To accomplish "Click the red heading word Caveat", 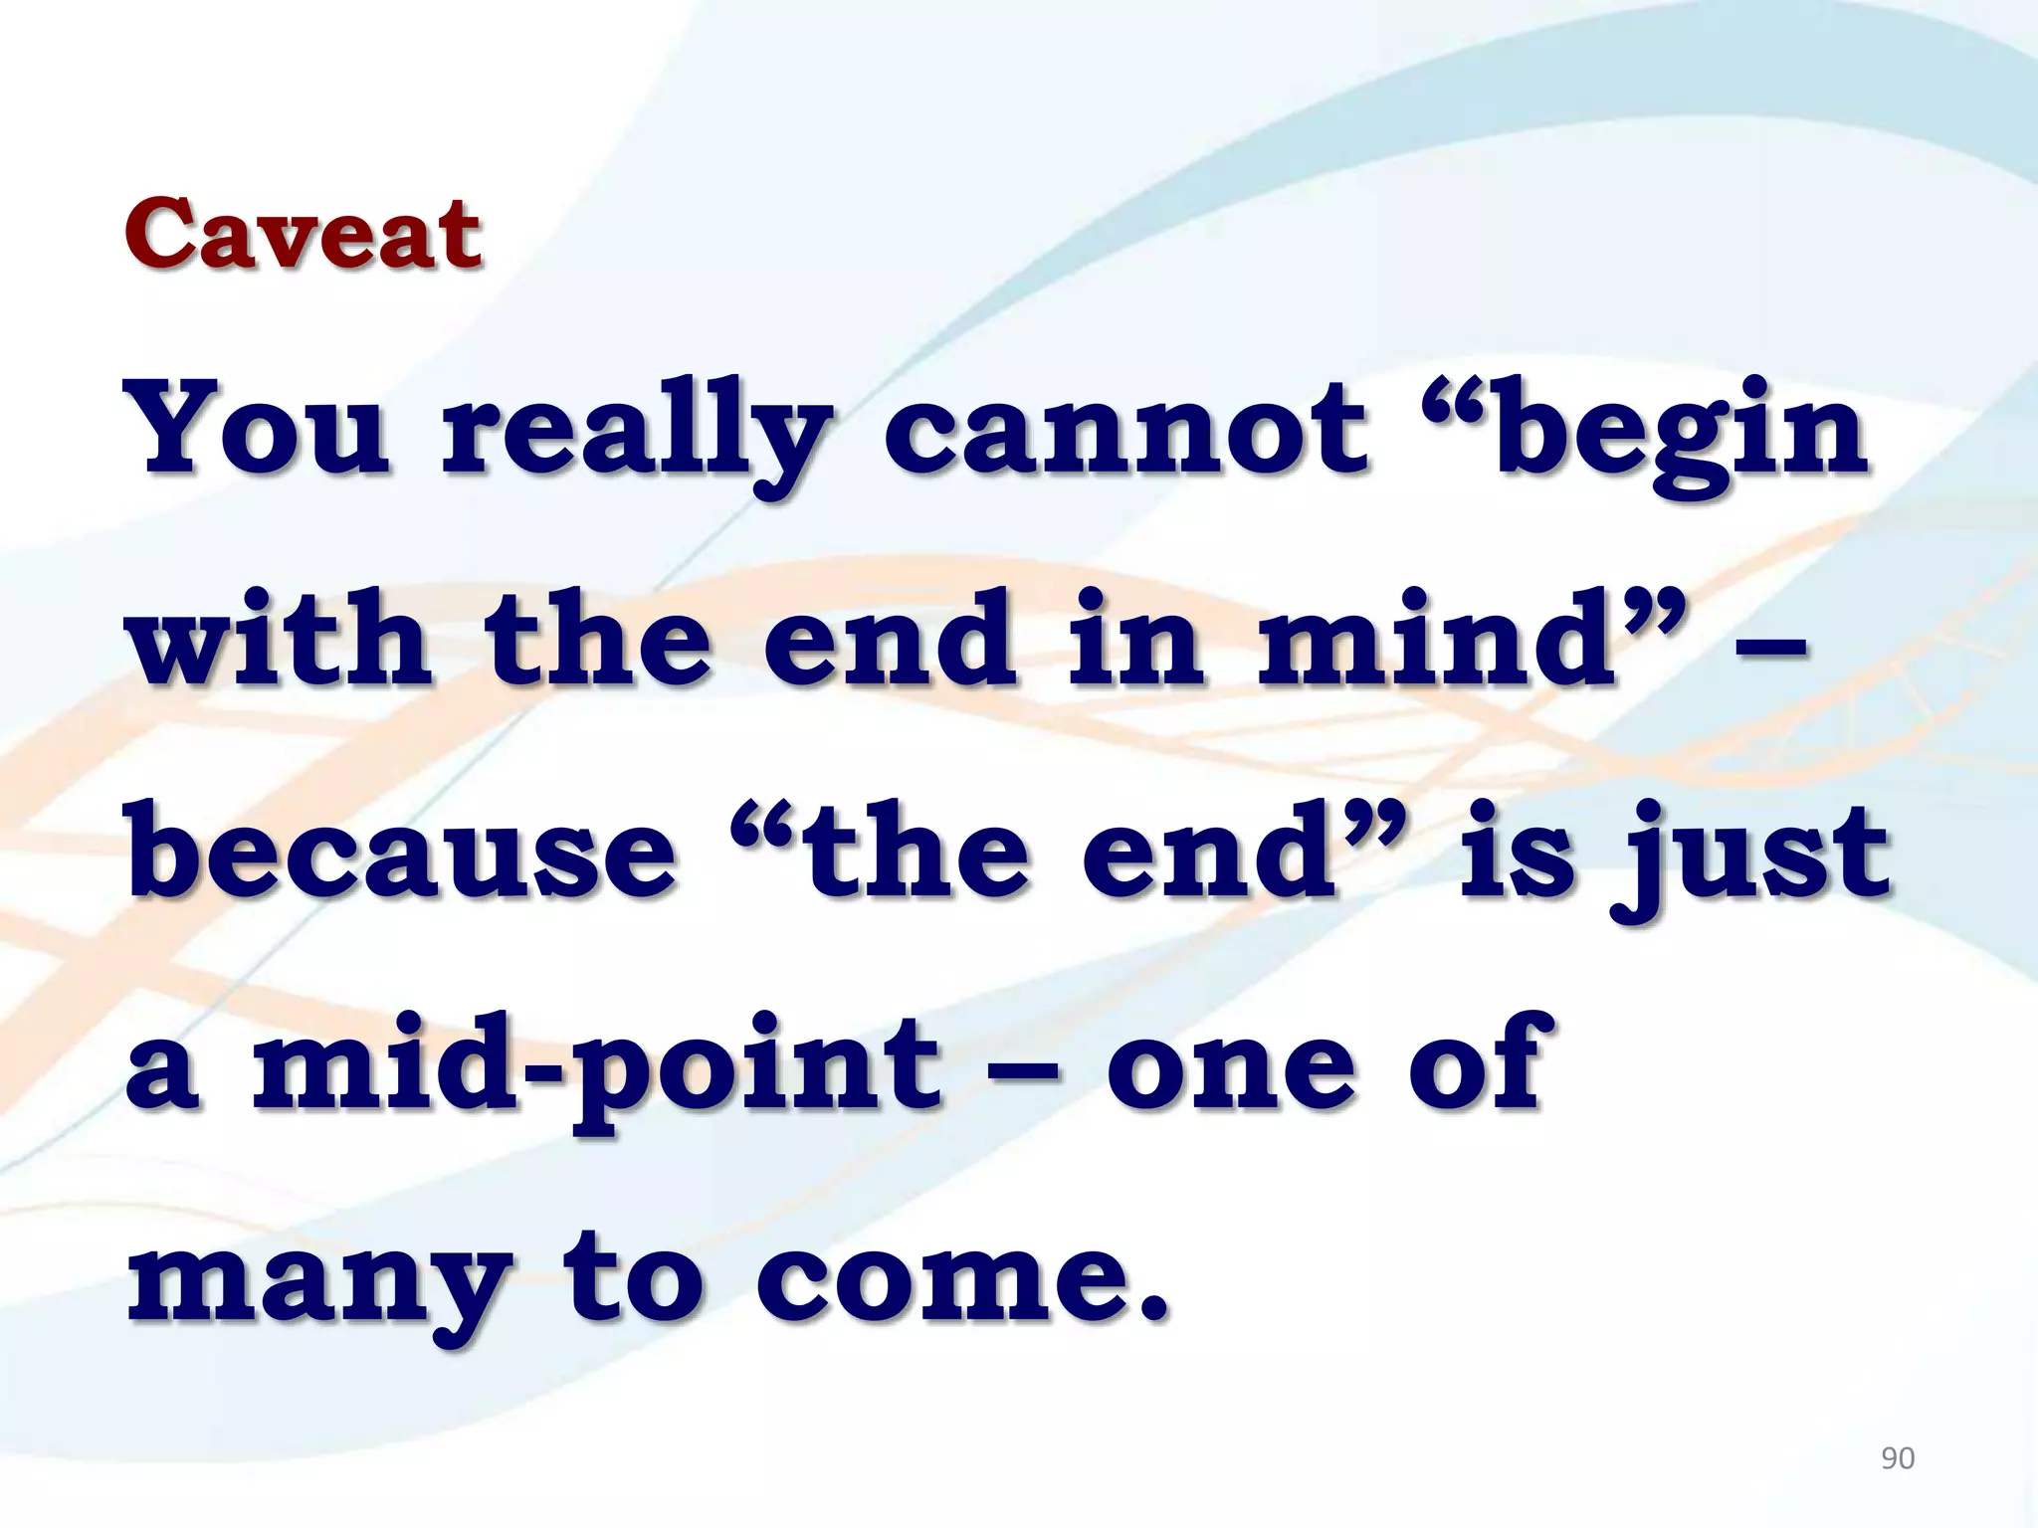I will coord(304,235).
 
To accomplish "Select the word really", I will coord(637,438).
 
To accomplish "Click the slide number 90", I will coord(1898,1458).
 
